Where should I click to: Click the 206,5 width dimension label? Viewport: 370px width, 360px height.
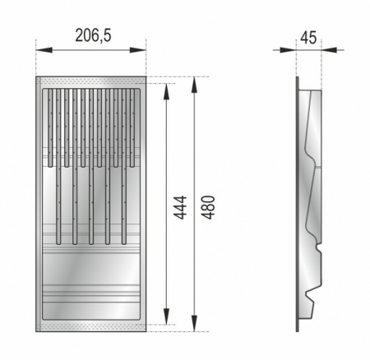(93, 35)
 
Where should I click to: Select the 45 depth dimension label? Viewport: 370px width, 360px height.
(308, 38)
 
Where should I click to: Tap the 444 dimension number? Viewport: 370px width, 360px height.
(181, 208)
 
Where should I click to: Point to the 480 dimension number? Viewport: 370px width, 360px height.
(208, 207)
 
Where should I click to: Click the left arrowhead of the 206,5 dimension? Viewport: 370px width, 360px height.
(44, 50)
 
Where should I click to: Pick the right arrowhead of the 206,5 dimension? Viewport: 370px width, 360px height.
(138, 50)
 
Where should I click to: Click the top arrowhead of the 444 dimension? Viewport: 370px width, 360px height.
(166, 91)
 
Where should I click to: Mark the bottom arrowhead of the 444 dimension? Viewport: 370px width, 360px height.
(166, 316)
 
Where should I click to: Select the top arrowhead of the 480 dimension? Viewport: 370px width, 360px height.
(194, 85)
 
